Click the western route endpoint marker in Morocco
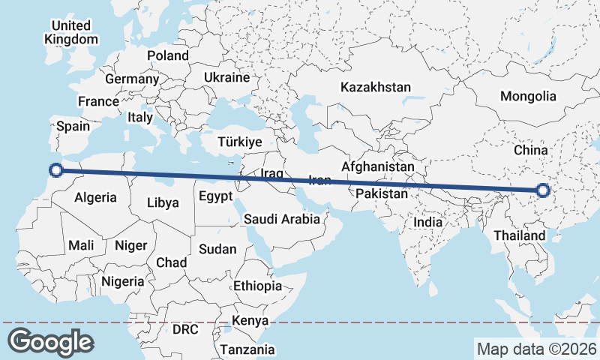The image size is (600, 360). pos(55,169)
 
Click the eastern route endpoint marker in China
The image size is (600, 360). pos(544,192)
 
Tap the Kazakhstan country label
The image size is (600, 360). pos(375,87)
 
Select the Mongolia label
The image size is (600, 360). pos(528,96)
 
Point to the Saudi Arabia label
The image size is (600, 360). pos(282,219)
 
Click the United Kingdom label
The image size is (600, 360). pos(71,32)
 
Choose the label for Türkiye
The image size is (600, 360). pos(239,142)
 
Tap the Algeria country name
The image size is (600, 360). pos(96,197)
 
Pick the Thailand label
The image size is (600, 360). pos(520,235)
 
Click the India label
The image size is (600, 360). pos(427,222)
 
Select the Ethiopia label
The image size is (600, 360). pos(257,286)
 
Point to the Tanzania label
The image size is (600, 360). pos(247,349)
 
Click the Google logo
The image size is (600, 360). pos(50,341)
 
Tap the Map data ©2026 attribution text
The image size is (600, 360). pos(536,349)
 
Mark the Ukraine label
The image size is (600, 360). pos(226,77)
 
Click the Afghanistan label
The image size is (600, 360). pos(377,166)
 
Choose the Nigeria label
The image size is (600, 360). pos(122,281)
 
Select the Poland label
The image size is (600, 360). pos(168,55)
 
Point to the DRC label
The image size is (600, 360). pos(185,328)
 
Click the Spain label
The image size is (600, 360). pos(73,127)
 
